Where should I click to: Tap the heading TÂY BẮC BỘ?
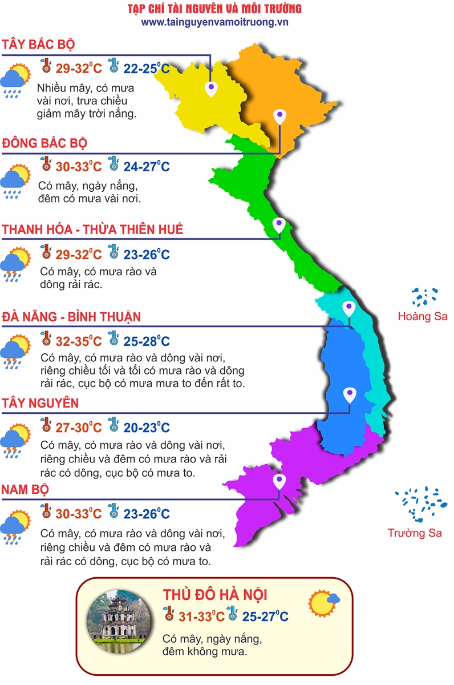pyautogui.click(x=39, y=45)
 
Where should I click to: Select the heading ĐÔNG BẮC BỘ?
pyautogui.click(x=44, y=143)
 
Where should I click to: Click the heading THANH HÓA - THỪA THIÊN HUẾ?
pyautogui.click(x=92, y=229)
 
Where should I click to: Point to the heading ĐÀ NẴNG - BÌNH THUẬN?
pyautogui.click(x=71, y=317)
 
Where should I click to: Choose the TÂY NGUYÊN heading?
pyautogui.click(x=40, y=404)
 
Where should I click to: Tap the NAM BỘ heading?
pyautogui.click(x=25, y=490)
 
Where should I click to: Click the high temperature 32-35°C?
pyautogui.click(x=79, y=342)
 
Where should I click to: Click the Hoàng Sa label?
pyautogui.click(x=423, y=316)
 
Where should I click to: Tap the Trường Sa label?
pyautogui.click(x=415, y=533)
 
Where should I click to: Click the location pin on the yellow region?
pyautogui.click(x=212, y=88)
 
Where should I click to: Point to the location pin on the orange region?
pyautogui.click(x=279, y=116)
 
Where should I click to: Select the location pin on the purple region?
pyautogui.click(x=279, y=481)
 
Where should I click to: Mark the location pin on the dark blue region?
pyautogui.click(x=350, y=394)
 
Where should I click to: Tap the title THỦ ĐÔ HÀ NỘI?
pyautogui.click(x=215, y=594)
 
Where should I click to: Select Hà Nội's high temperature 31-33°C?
pyautogui.click(x=200, y=617)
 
